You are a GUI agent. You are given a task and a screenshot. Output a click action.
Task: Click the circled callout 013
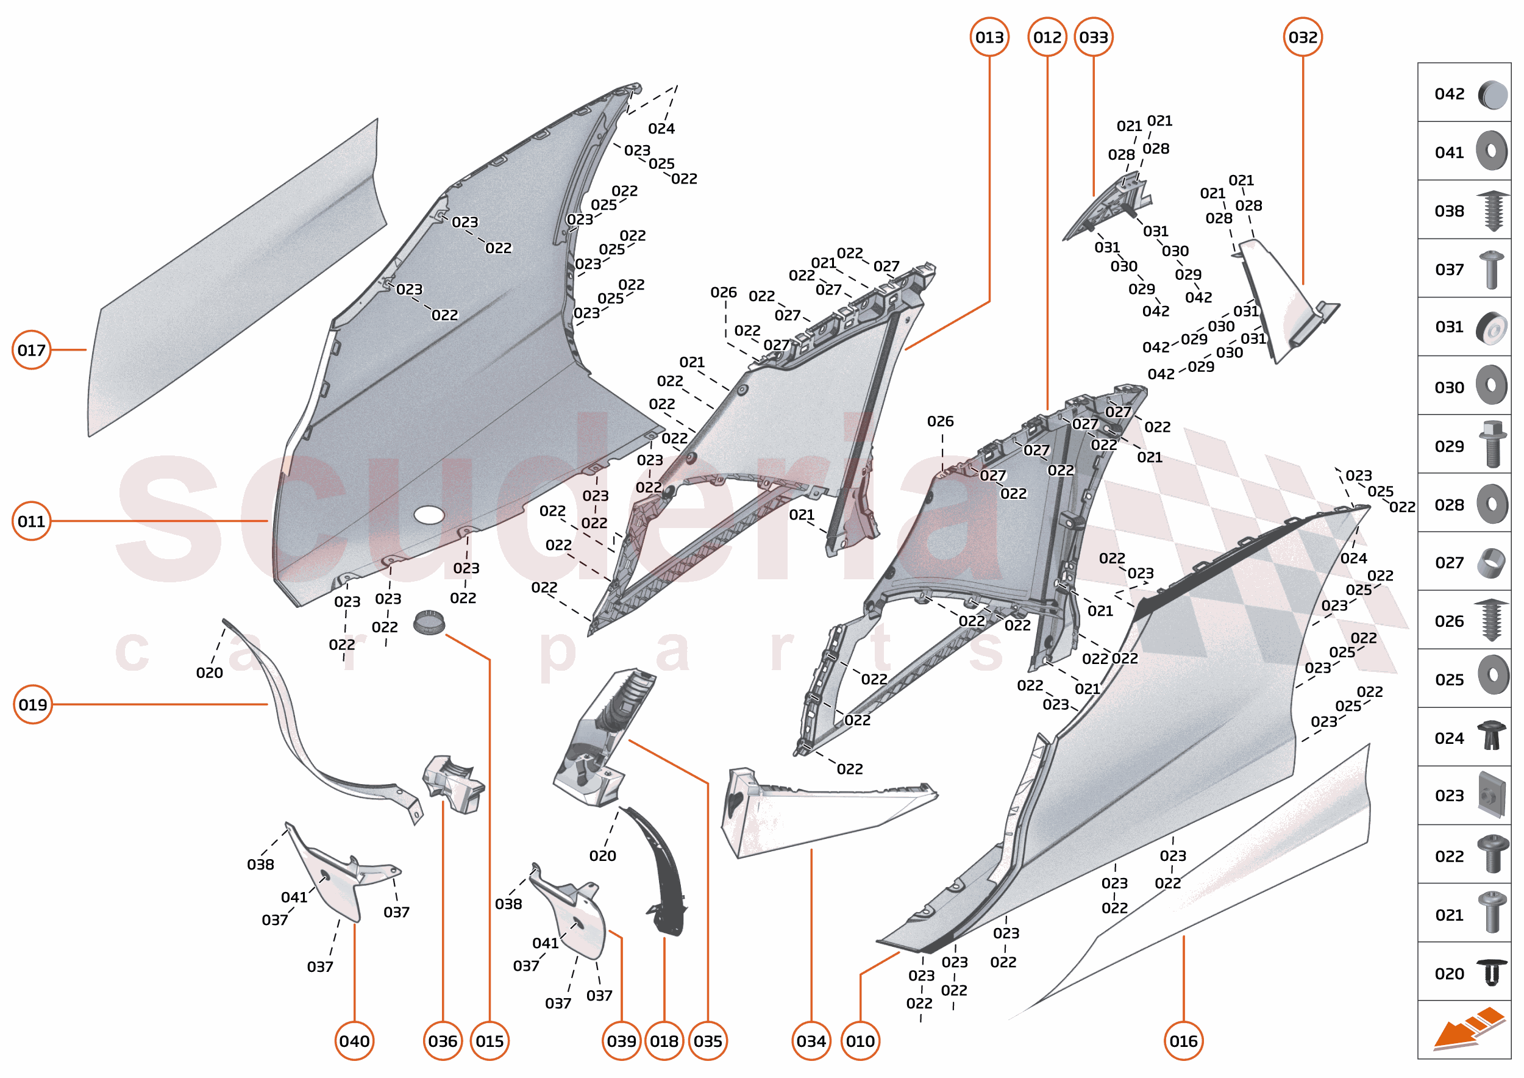coord(989,37)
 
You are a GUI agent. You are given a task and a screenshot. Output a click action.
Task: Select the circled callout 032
coord(1302,37)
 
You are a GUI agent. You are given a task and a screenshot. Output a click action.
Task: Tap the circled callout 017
coord(31,350)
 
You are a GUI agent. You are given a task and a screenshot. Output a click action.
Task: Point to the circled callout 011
coord(31,521)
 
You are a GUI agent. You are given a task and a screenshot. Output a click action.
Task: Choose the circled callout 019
coord(32,704)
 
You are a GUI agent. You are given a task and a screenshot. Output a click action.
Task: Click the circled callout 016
coord(1183,1041)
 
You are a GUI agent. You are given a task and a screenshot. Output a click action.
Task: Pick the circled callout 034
coord(811,1041)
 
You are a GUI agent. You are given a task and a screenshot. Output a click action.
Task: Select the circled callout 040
coord(354,1041)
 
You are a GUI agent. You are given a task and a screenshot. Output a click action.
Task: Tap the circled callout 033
coord(1093,37)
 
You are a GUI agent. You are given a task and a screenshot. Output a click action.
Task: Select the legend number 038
coord(1449,211)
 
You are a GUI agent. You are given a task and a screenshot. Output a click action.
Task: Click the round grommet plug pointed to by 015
coord(428,623)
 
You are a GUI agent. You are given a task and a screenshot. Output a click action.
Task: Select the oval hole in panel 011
coord(429,515)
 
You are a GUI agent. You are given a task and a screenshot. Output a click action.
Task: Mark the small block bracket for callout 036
coord(454,784)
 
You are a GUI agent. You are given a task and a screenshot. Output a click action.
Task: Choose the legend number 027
coord(1449,563)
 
